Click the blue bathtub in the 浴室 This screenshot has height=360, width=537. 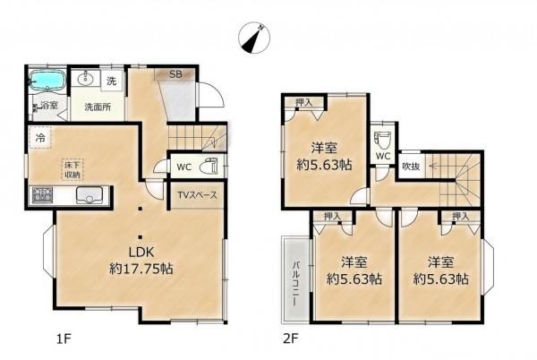click(x=47, y=81)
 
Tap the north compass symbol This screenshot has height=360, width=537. click(x=254, y=38)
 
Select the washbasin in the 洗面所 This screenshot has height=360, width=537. click(x=84, y=79)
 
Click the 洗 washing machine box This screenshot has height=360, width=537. click(x=111, y=81)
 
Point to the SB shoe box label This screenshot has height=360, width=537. click(x=176, y=74)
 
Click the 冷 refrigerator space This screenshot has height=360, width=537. click(x=40, y=138)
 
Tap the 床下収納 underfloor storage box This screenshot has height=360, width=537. click(x=72, y=169)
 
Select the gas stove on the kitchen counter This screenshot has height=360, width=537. click(x=42, y=195)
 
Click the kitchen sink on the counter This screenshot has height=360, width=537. click(x=89, y=195)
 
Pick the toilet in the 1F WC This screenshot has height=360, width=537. click(x=208, y=167)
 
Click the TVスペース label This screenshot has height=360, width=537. click(x=197, y=195)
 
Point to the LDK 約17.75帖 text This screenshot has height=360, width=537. click(x=141, y=261)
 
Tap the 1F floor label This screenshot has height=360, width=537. click(x=64, y=339)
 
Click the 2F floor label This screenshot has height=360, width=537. click(x=290, y=339)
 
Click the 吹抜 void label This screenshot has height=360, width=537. click(x=411, y=167)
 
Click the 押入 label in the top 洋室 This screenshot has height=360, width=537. click(x=304, y=102)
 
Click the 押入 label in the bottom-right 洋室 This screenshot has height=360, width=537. click(x=461, y=216)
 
